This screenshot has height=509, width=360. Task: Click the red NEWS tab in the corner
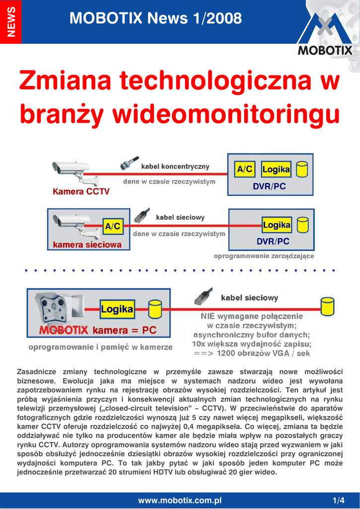pos(11,22)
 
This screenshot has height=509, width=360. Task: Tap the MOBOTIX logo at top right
pos(325,35)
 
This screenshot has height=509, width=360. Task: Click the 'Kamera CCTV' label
pos(81,191)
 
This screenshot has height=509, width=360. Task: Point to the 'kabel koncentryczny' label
pos(176,167)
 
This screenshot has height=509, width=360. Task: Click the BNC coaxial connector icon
pos(129,163)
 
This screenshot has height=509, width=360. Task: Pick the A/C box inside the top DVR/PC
pos(245,169)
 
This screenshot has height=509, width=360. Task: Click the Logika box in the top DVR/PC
pos(276,169)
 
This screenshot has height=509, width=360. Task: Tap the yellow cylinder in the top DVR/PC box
pos(302,170)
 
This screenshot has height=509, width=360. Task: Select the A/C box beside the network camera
pos(113,226)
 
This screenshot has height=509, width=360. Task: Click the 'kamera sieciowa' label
pos(88,245)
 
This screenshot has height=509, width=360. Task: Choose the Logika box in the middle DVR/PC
pos(276,225)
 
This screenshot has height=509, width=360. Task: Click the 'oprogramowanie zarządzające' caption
pos(264,256)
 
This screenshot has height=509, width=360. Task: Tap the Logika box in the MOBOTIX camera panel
pos(117,309)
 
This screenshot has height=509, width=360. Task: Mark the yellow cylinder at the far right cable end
pos(327,306)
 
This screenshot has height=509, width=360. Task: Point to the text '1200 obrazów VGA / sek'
pos(263,353)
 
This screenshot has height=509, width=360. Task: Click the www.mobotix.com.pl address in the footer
pos(180,500)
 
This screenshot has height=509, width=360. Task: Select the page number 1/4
pos(339,500)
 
